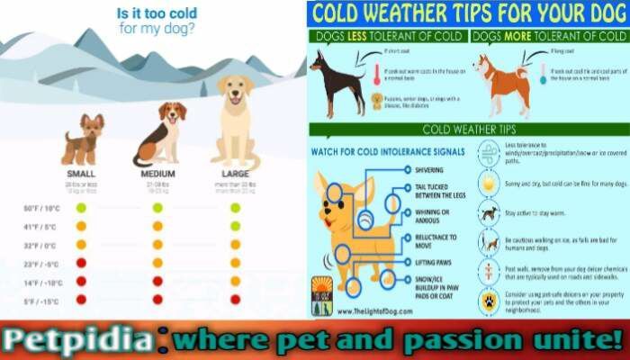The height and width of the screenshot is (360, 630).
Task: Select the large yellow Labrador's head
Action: click(235, 91)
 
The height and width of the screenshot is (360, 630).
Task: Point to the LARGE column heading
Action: click(235, 174)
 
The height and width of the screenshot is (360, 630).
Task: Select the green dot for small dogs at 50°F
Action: click(81, 208)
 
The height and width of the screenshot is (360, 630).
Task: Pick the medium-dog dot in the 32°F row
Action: click(157, 244)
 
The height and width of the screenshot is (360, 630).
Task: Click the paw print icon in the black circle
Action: click(489, 301)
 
